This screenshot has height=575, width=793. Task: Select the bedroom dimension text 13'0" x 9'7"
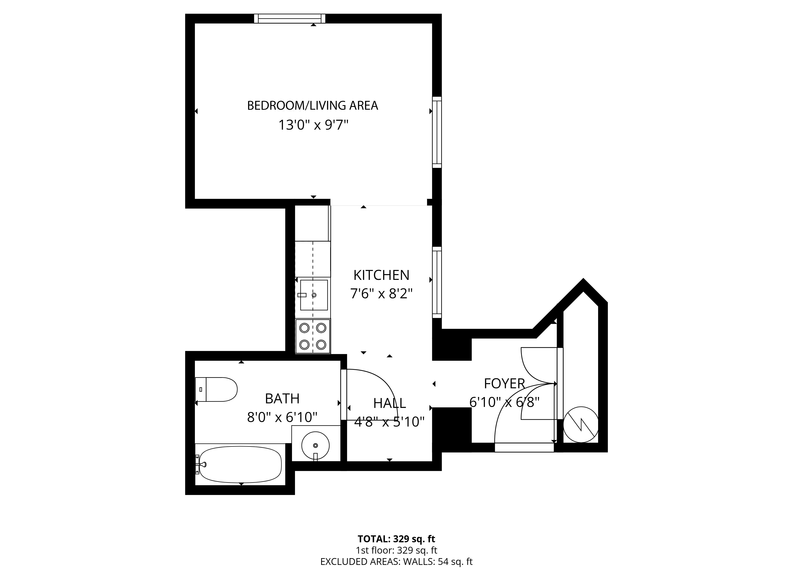click(x=314, y=125)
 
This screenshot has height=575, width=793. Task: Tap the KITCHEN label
click(x=381, y=275)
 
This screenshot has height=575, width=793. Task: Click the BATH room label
click(x=282, y=398)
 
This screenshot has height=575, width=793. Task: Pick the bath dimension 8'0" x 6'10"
click(x=282, y=417)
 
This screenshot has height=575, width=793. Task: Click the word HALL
click(x=390, y=403)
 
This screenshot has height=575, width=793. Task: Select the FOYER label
click(x=504, y=384)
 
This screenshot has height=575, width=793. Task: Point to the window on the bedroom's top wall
click(x=289, y=18)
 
